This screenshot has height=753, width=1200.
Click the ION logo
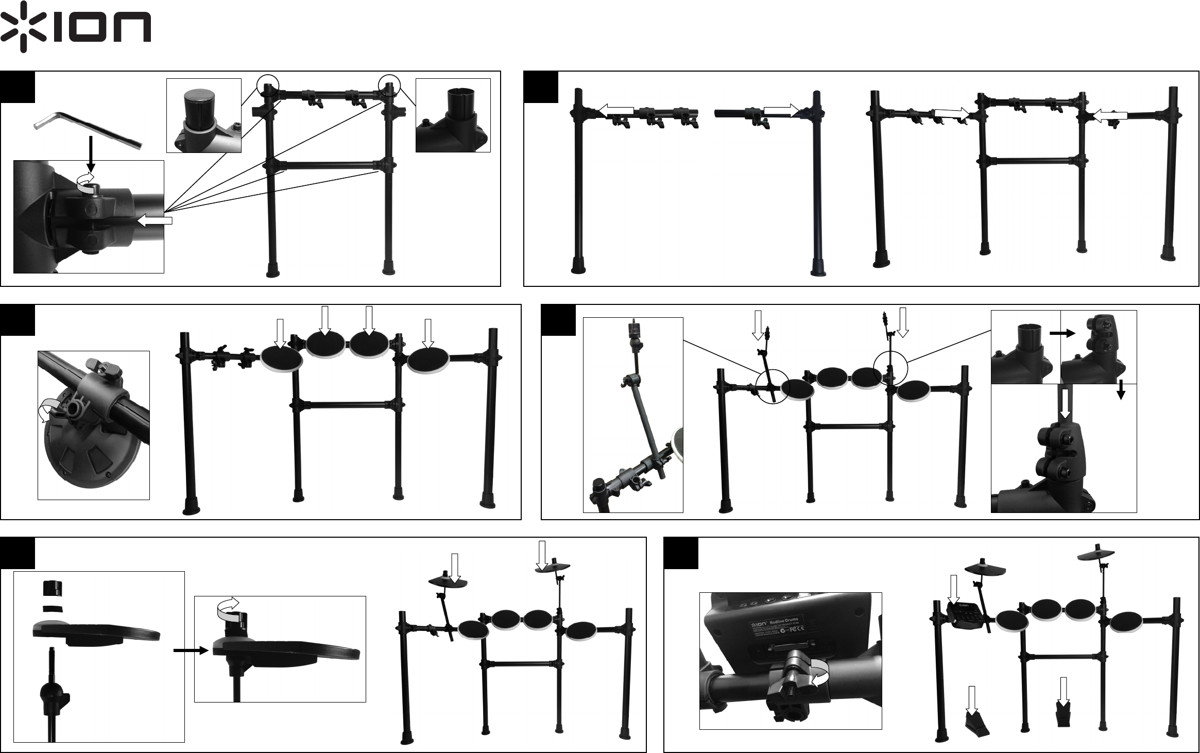[x=76, y=27]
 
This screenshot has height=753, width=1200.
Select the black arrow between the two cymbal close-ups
[x=191, y=651]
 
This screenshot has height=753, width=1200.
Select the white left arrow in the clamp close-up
[x=155, y=221]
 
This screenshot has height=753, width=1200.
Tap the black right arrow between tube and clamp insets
[x=1062, y=334]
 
